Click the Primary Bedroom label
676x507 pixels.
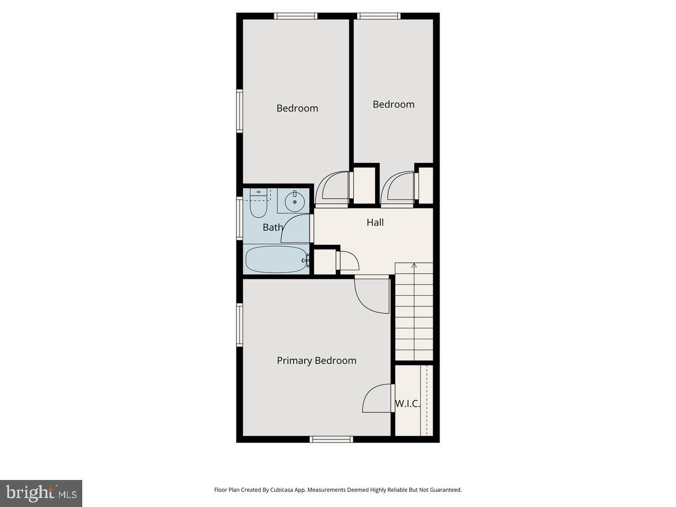(317, 361)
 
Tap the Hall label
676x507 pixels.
(375, 223)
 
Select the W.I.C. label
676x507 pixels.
(407, 403)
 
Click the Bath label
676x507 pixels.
(273, 228)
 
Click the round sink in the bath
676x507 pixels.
(294, 202)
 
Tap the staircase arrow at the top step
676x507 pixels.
(414, 265)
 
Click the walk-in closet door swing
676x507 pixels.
(376, 399)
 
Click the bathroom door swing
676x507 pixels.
(296, 229)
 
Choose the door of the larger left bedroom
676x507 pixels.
(332, 187)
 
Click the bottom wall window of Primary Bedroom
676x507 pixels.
(332, 439)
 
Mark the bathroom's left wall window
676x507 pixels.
(239, 218)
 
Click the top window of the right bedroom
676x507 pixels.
(379, 16)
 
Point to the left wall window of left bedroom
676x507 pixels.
(239, 111)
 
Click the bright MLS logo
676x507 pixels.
(41, 493)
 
